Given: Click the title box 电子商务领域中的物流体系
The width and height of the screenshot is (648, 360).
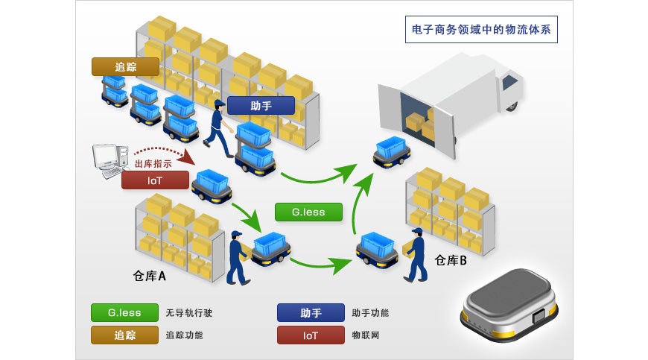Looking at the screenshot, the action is click(481, 29).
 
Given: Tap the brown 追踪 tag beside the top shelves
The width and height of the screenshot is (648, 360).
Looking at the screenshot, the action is click(126, 66).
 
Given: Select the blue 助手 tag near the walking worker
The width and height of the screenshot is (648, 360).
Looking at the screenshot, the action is click(261, 106).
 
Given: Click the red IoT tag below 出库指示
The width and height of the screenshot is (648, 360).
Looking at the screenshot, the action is click(155, 180).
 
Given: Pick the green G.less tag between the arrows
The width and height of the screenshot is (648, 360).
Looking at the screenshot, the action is click(308, 212).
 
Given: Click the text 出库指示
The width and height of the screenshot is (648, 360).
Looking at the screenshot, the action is click(153, 164).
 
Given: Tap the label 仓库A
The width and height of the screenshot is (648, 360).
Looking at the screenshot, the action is click(149, 276).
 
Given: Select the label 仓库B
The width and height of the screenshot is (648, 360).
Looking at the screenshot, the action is click(451, 260).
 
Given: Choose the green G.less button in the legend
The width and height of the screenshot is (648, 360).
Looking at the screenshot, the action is click(124, 313).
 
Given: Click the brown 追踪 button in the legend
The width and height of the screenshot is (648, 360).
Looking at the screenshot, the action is click(124, 335).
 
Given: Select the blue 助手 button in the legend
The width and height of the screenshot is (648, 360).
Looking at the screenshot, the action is click(311, 313).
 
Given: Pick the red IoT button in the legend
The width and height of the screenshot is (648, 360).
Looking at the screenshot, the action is click(311, 335).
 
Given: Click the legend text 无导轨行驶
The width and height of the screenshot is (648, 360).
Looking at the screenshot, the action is click(189, 313).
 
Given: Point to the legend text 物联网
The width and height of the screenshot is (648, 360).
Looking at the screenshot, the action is click(366, 335).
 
